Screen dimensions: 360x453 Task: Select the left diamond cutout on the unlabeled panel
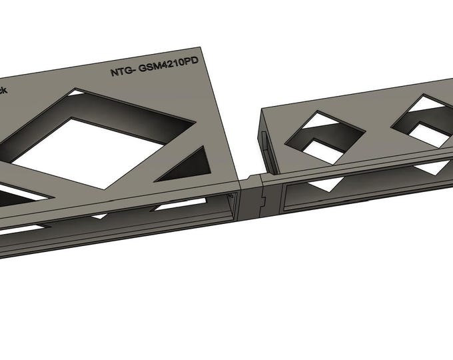pos(324,136)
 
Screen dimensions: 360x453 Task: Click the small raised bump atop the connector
pos(252,177)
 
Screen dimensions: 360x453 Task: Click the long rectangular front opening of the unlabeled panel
pos(360,190)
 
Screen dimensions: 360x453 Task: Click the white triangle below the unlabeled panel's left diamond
pos(334,184)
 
